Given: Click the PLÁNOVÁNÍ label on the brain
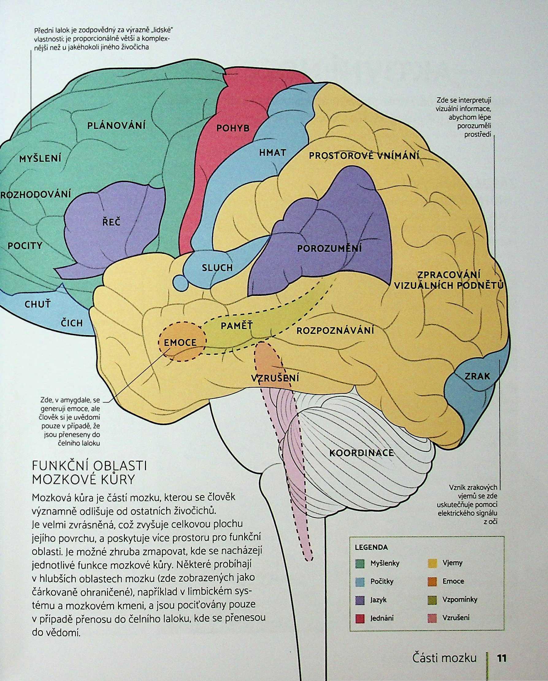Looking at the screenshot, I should pos(116,126).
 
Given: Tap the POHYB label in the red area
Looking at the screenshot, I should pos(233,128).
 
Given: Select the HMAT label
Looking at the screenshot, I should pos(272,153).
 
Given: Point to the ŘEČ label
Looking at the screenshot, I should pos(111,222).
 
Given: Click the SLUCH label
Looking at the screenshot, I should pos(217,268).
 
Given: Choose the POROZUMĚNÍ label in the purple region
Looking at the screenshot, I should pos(329,248).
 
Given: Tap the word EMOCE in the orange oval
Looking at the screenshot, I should pos(181,342).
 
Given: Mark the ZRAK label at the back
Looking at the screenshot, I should pos(477,376).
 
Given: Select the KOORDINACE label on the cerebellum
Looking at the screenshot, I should pos(362,453).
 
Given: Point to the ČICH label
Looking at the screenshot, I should pos(71,323).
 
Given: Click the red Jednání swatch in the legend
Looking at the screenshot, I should pos(359,618).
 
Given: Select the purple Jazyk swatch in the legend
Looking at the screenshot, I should pos(359,599).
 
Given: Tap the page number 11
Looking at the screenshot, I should pos(501,656).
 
